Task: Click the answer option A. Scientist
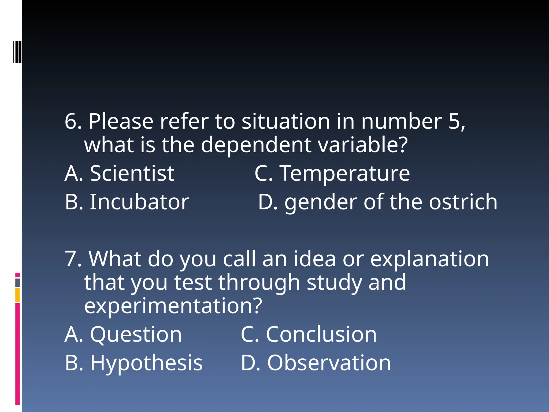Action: click(x=120, y=174)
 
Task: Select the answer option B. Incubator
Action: click(x=127, y=202)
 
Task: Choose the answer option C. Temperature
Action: click(x=332, y=174)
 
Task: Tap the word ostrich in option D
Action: click(x=463, y=202)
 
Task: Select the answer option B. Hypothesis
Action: click(x=133, y=363)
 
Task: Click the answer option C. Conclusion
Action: click(x=309, y=334)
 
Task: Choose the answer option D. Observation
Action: click(x=316, y=363)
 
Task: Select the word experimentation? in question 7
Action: click(x=173, y=306)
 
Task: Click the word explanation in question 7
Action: click(x=429, y=259)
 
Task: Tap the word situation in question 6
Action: click(x=286, y=122)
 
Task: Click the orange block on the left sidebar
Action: click(x=17, y=295)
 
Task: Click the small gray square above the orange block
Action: click(x=17, y=283)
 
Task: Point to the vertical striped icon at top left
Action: click(x=17, y=52)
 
